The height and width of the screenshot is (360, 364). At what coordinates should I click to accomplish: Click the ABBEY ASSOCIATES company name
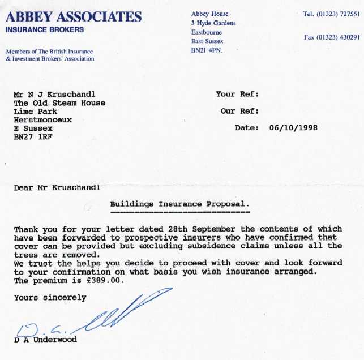[74, 16]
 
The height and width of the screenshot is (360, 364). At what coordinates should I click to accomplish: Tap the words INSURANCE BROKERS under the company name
[45, 29]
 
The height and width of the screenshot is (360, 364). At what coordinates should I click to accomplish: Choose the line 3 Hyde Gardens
[213, 23]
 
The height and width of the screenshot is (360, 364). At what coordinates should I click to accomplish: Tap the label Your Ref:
[237, 94]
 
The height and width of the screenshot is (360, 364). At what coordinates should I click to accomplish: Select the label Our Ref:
[239, 111]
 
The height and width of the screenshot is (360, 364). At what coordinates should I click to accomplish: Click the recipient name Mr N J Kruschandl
[58, 95]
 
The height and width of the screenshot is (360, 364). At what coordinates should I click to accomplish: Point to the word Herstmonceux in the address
[43, 120]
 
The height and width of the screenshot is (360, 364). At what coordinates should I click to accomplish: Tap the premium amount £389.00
[102, 281]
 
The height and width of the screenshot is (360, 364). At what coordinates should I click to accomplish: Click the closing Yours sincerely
[50, 297]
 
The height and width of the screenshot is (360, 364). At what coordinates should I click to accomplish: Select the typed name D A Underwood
[46, 340]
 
